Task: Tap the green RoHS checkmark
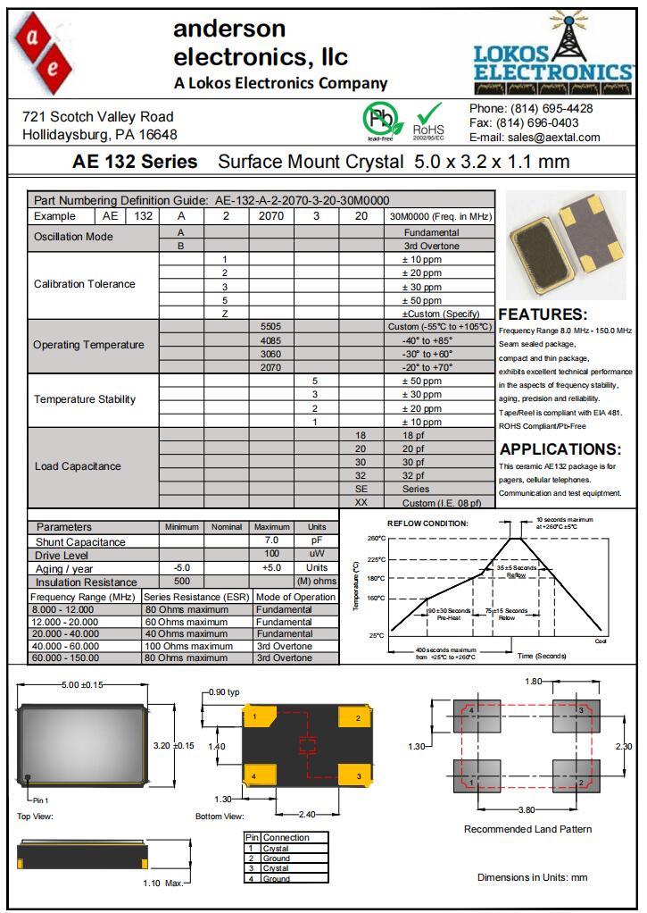pyautogui.click(x=430, y=115)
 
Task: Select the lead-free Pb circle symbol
pyautogui.click(x=379, y=119)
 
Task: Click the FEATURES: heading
pyautogui.click(x=543, y=314)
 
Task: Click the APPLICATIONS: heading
pyautogui.click(x=560, y=449)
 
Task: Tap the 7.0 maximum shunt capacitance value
pyautogui.click(x=271, y=541)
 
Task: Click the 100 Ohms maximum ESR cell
pyautogui.click(x=188, y=646)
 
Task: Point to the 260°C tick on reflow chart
pyautogui.click(x=376, y=539)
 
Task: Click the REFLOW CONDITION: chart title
pyautogui.click(x=427, y=524)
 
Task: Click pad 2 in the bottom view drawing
pyautogui.click(x=356, y=717)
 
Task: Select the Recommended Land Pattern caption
pyautogui.click(x=527, y=829)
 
